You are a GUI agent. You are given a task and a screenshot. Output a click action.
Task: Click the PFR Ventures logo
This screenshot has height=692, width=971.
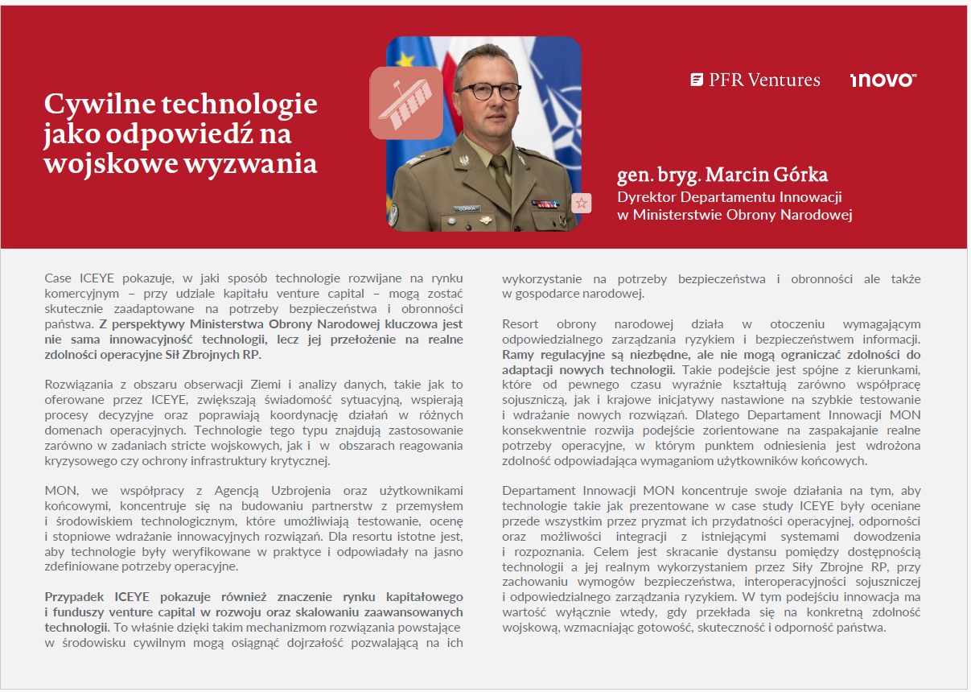(755, 80)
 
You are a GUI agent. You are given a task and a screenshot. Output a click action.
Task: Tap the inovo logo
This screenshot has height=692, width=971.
(883, 80)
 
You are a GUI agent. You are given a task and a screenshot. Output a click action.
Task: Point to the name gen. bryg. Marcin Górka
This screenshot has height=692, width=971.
(722, 175)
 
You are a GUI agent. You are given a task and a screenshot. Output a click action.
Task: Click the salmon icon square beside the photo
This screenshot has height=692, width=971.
(405, 102)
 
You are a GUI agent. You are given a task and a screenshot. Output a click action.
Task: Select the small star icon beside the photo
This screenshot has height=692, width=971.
(581, 203)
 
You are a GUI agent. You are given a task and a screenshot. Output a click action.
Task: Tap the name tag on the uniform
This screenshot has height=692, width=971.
(466, 208)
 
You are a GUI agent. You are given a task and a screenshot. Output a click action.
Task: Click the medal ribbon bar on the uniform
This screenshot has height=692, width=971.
(545, 204)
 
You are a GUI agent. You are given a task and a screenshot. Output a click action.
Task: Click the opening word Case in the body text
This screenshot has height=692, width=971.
(58, 278)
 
